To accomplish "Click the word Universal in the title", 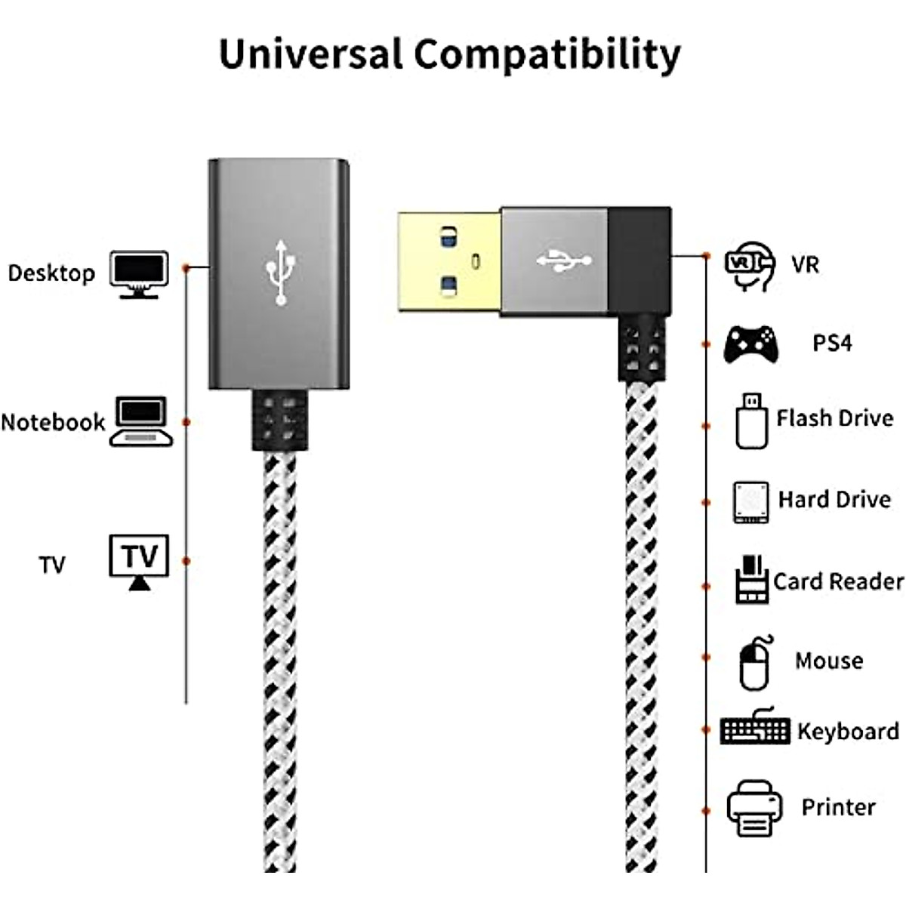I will pos(311,54).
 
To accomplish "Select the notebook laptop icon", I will pos(141,421).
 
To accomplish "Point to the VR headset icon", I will pos(750,266).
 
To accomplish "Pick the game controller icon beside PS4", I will pos(749,344).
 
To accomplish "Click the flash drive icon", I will pos(751,421).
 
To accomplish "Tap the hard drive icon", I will pos(750,502).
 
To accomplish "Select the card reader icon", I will pos(751,580).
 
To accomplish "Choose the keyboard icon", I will pos(754,728).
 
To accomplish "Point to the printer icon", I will pos(753,809).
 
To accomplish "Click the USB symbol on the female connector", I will pos(281,273).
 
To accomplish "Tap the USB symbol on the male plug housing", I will pos(563,261).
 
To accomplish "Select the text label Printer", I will pos(838,807).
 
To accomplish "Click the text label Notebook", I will pos(53,422).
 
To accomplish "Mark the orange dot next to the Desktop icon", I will pos(186,267).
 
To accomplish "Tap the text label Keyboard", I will pos(848,732).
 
